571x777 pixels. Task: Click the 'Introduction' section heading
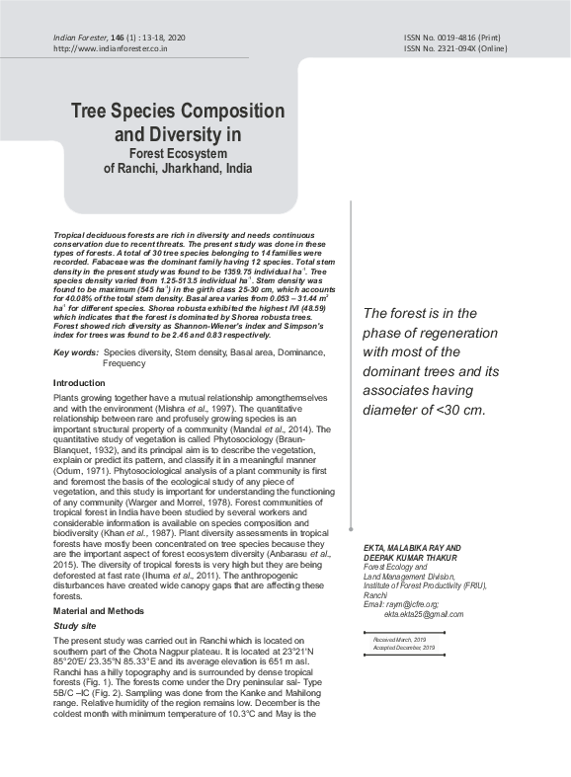[x=79, y=383]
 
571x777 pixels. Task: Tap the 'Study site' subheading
[x=75, y=626]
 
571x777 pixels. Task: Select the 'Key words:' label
[x=75, y=352]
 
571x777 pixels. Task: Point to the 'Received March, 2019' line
[x=399, y=640]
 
